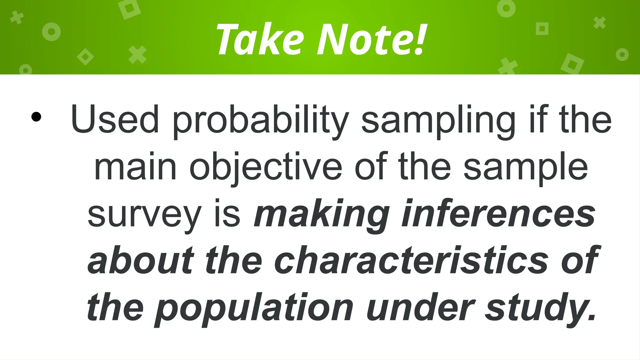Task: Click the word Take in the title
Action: click(260, 40)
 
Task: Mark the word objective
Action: click(266, 169)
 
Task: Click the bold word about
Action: click(141, 260)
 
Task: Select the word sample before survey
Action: click(525, 169)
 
